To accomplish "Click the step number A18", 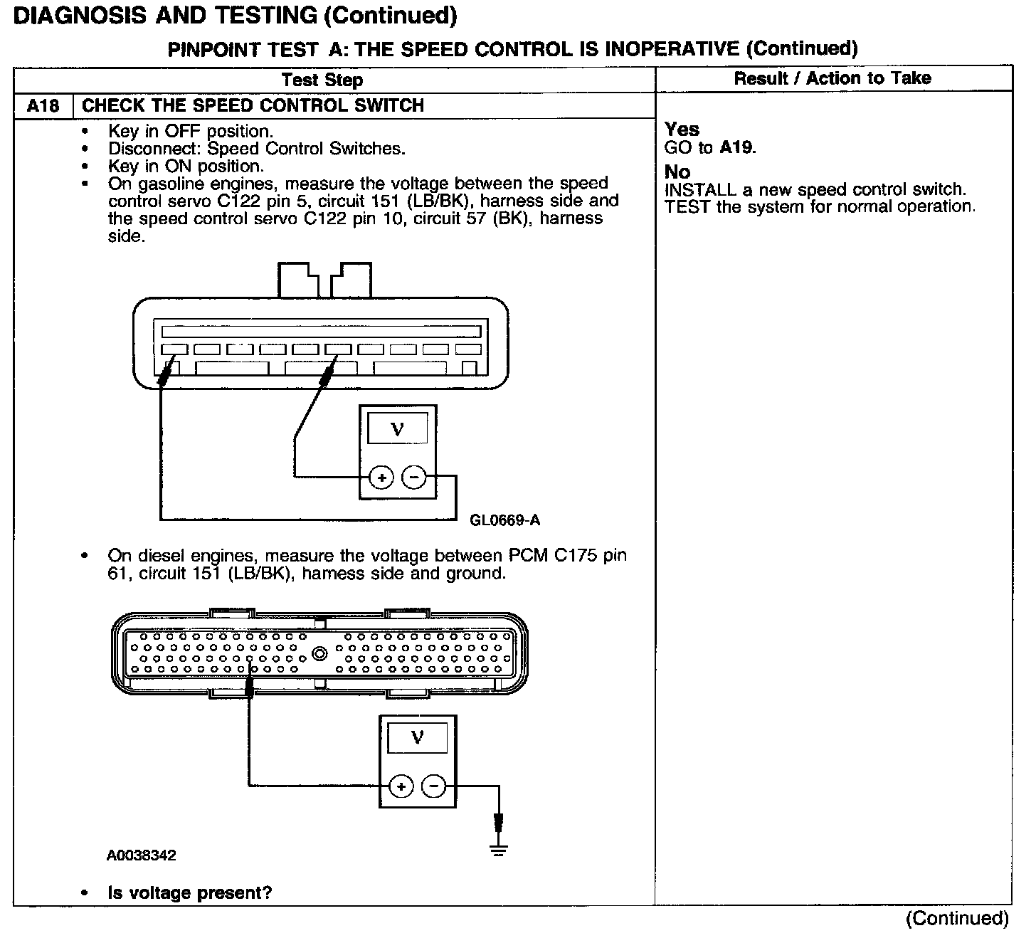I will (43, 106).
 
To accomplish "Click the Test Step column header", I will (322, 80).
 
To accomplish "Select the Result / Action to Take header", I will (832, 78).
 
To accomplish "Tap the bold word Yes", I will (682, 130).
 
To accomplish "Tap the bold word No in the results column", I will (677, 172).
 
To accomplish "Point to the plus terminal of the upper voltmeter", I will (382, 478).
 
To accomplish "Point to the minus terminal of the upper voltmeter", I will (414, 478).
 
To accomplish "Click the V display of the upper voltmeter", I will (398, 429).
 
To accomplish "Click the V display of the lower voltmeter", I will (418, 738).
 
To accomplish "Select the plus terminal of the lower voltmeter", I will (401, 786).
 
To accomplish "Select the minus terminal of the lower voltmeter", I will (433, 786).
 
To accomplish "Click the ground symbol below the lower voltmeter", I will (499, 848).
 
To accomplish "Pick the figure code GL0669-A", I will (504, 520).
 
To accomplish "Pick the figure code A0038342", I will (141, 855).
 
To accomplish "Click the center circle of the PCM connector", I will (320, 652).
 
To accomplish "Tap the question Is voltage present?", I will (190, 892).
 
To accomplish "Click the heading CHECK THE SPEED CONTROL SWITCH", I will (253, 106).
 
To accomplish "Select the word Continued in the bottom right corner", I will (957, 918).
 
